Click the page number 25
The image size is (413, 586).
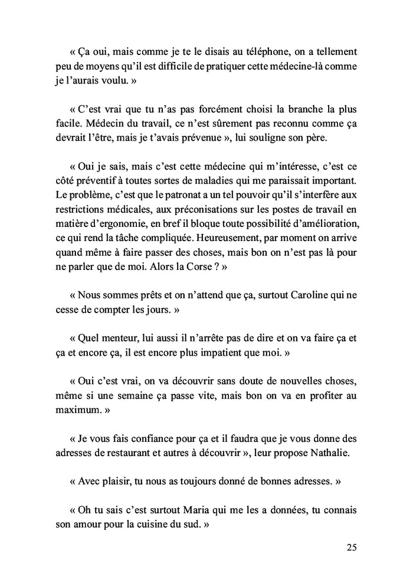pos(350,547)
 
